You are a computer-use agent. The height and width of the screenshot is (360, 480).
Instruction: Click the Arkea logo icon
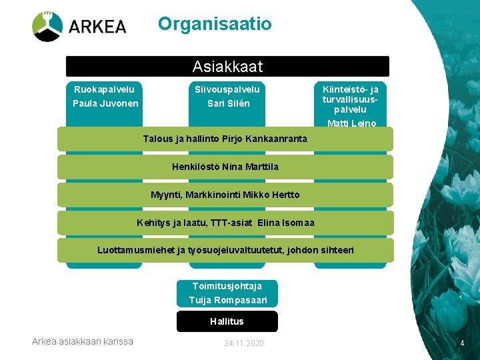47,27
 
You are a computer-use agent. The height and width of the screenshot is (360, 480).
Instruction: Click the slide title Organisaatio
215,24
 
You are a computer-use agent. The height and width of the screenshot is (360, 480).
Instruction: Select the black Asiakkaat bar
227,67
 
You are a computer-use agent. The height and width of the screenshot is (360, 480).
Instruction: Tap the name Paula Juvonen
106,103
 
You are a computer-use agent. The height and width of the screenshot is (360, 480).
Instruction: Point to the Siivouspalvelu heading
227,89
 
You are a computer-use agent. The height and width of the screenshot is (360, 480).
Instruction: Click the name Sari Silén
228,103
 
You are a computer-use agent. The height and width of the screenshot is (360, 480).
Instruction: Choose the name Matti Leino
351,123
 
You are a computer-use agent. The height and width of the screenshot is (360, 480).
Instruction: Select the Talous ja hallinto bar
225,139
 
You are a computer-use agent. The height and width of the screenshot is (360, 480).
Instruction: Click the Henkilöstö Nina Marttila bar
225,167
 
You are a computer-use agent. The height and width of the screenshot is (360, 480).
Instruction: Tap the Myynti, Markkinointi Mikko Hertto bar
225,195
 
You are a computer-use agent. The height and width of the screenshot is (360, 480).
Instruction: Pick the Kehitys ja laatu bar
225,223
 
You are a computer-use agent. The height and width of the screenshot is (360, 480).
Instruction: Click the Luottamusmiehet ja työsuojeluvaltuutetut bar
225,251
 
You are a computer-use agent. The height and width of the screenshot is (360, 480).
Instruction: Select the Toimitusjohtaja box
227,285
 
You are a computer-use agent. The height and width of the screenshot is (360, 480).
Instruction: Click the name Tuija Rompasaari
227,300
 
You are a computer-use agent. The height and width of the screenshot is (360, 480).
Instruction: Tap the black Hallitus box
227,321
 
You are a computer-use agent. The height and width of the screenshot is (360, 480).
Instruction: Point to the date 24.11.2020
244,343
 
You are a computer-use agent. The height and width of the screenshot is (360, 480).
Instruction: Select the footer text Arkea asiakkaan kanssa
83,341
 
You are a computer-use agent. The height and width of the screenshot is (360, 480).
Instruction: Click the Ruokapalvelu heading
104,89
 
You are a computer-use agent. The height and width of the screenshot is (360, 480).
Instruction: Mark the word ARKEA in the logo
97,27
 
